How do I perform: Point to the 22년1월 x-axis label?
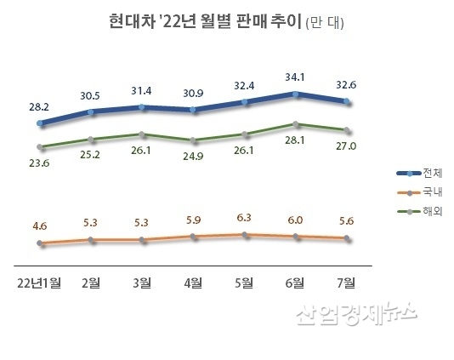click(40, 282)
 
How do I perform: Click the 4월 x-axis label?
click(193, 282)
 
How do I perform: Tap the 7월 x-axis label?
click(346, 282)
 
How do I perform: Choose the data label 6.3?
click(244, 216)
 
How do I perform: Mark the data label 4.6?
click(40, 226)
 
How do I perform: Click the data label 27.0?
click(346, 146)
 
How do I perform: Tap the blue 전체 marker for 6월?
click(295, 94)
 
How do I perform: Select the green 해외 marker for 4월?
click(193, 140)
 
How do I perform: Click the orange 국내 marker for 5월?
click(244, 234)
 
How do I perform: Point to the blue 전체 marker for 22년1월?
click(40, 123)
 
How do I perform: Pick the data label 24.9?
click(193, 157)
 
